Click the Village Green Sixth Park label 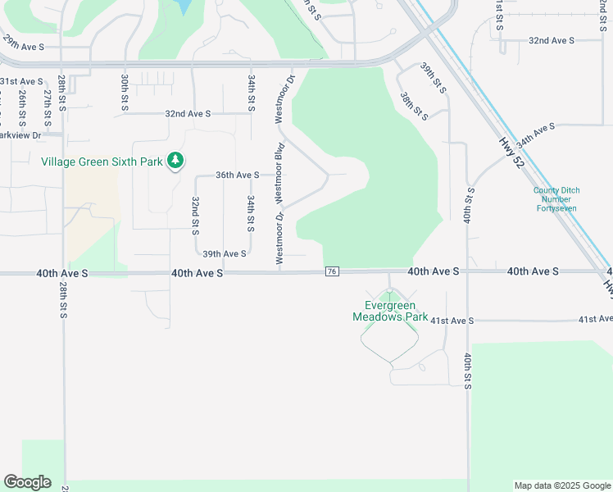(x=102, y=162)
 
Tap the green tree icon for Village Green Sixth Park (x=175, y=162)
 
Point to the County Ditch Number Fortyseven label (x=556, y=199)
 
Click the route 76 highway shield (x=332, y=271)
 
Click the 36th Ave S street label (x=237, y=175)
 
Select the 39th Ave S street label (x=225, y=254)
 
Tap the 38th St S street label (x=413, y=105)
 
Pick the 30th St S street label (x=125, y=88)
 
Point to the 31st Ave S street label (x=21, y=82)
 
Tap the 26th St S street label (x=22, y=103)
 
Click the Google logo (x=27, y=482)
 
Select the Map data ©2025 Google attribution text (x=562, y=485)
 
